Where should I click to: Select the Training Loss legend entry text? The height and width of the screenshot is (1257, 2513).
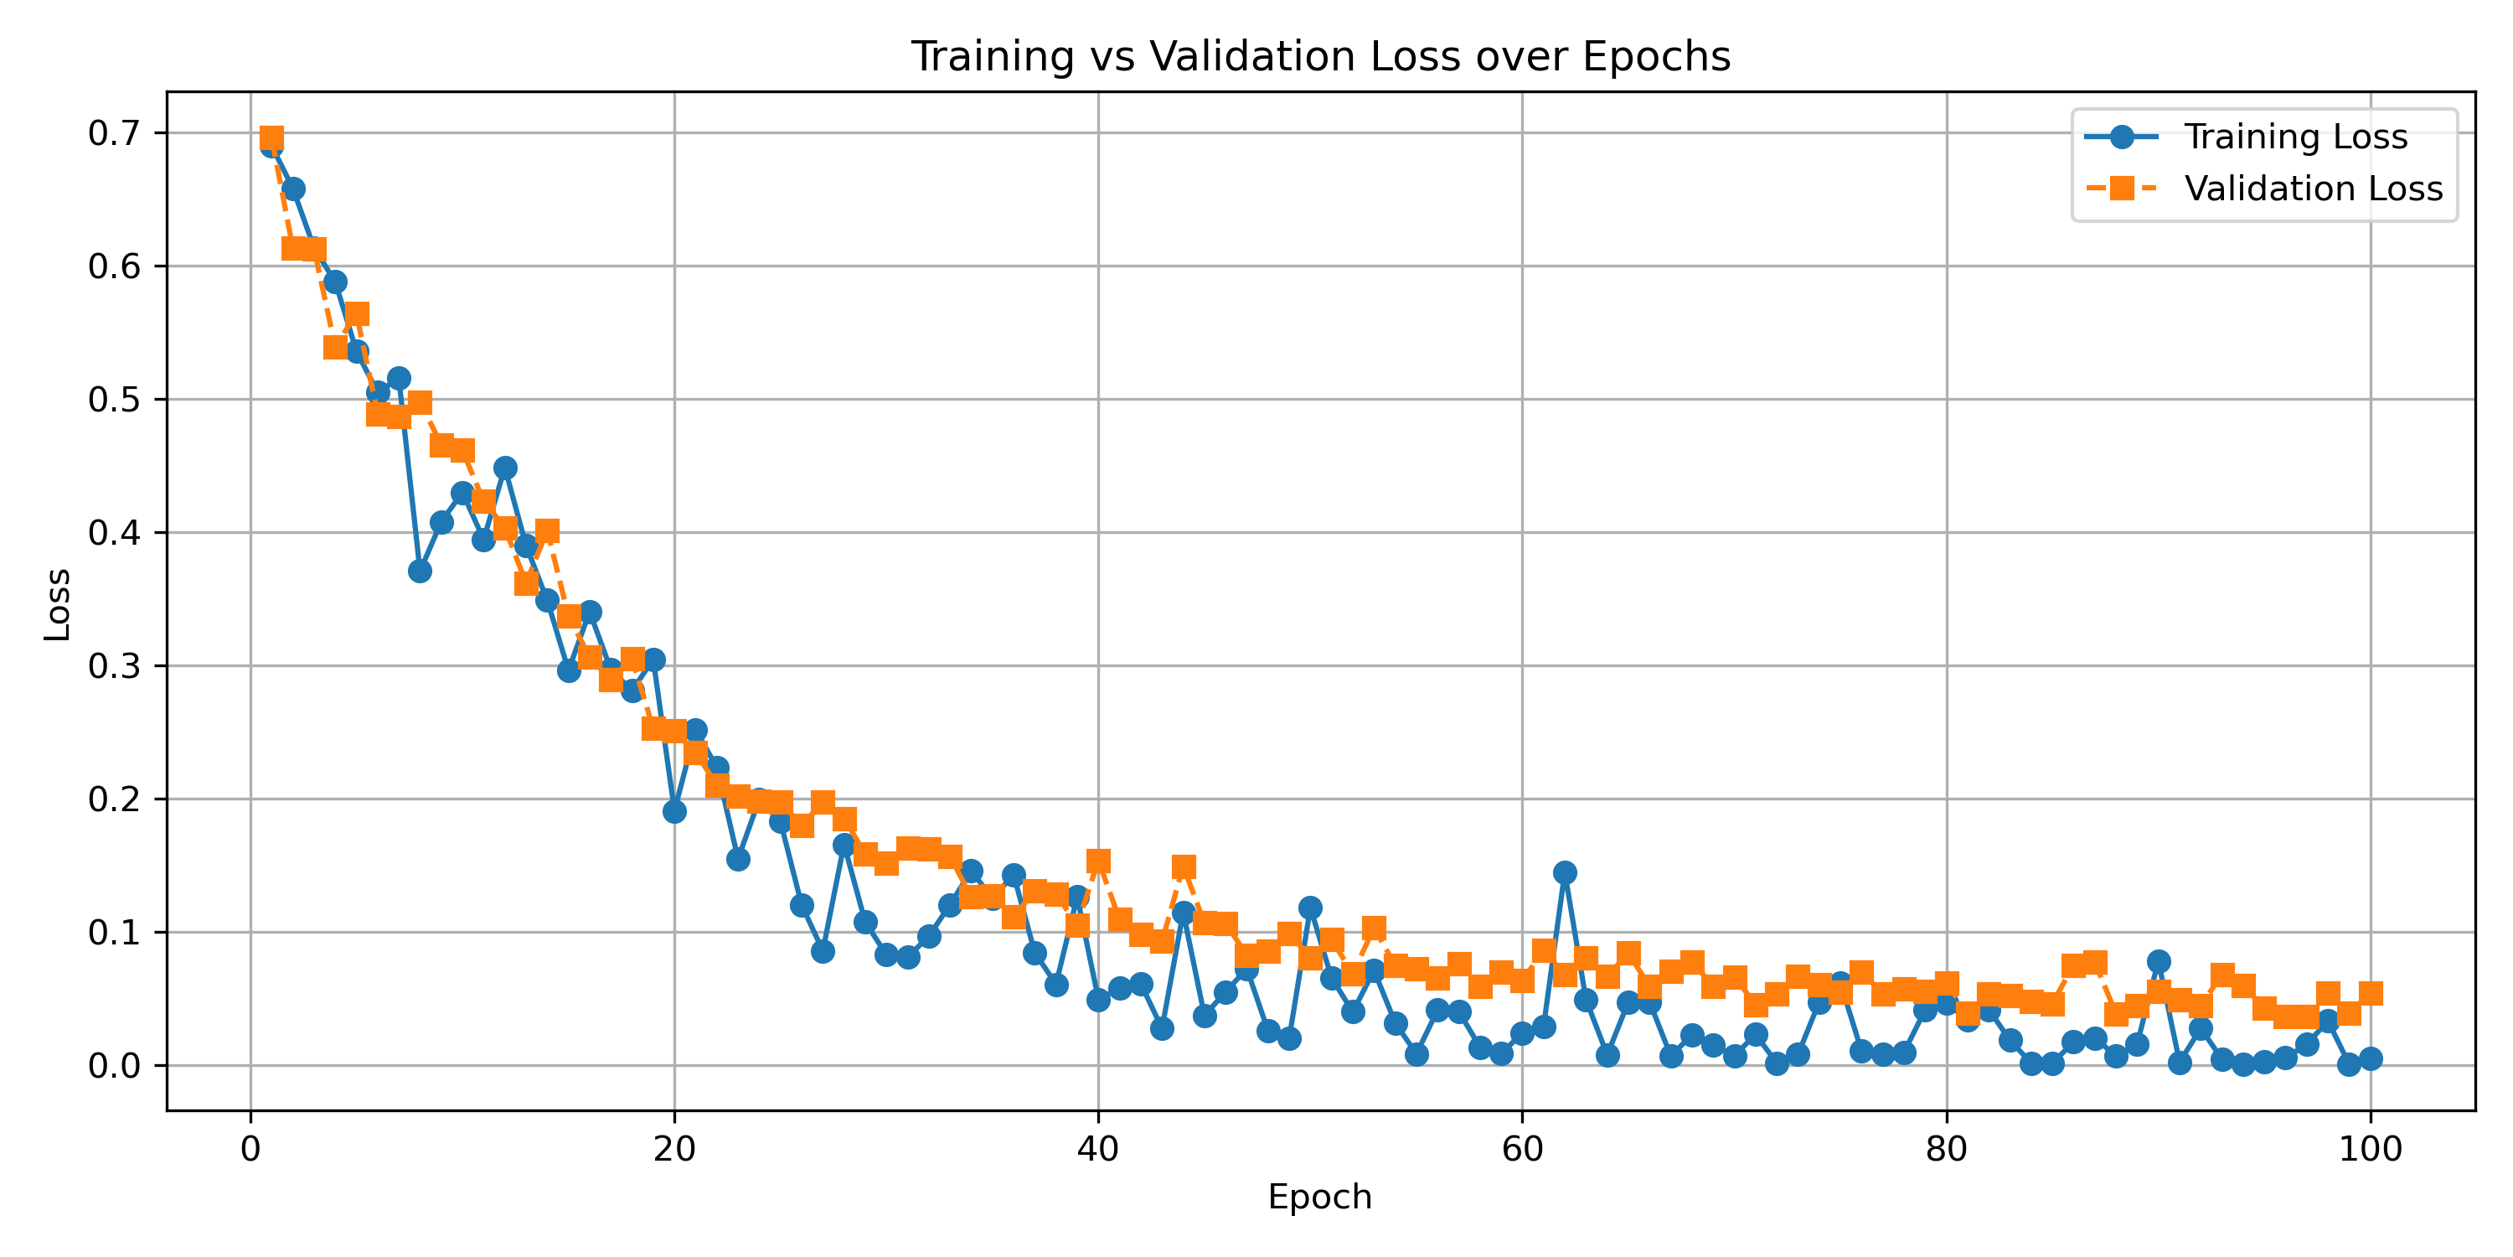[2295, 137]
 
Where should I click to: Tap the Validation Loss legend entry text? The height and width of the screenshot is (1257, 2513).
[2313, 189]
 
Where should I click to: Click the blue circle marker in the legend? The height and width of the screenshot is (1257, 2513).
[2121, 137]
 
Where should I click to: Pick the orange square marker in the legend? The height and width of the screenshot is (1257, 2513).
[2121, 189]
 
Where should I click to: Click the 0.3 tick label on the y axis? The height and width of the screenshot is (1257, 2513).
[114, 666]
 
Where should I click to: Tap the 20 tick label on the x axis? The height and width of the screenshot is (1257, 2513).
[674, 1150]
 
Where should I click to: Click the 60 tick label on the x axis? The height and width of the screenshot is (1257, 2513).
[1522, 1150]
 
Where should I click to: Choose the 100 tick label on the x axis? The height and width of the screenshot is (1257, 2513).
[2370, 1150]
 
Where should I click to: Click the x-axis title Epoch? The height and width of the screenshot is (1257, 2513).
[1319, 1198]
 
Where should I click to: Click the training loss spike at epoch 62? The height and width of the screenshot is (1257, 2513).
[1565, 872]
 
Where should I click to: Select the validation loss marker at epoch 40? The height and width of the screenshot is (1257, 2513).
[1098, 861]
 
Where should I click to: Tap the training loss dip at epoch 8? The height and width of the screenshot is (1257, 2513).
[421, 571]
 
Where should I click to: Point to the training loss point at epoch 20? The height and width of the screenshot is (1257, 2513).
[674, 812]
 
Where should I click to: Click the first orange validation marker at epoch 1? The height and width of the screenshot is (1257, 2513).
[272, 137]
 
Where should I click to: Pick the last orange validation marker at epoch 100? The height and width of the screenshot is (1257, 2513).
[2371, 995]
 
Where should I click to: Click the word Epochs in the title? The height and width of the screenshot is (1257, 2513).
[1656, 57]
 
